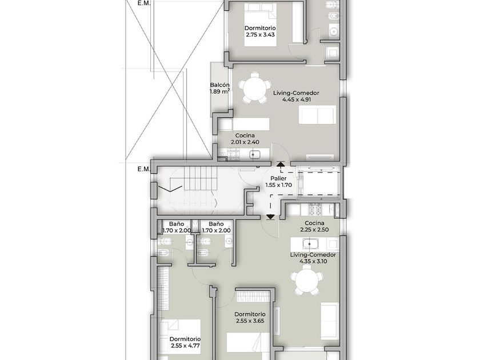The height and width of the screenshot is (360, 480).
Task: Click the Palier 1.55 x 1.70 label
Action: tap(279, 182)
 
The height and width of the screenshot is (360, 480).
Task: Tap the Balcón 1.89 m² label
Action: tap(220, 88)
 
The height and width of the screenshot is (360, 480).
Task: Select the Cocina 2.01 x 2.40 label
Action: tap(245, 139)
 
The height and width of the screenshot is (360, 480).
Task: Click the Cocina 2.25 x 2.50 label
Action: tap(314, 226)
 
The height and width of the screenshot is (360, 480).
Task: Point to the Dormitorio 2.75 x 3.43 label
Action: tap(260, 31)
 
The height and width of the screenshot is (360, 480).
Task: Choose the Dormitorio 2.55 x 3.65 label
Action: tap(250, 318)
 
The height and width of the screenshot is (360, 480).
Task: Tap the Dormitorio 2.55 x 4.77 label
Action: tap(185, 342)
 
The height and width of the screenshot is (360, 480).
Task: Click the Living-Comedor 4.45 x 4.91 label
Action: tap(296, 96)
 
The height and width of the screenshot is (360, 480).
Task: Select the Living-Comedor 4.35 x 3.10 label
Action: tap(313, 258)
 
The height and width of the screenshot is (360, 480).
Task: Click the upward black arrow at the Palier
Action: tap(280, 164)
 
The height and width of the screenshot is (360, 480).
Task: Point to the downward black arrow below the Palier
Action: tap(270, 217)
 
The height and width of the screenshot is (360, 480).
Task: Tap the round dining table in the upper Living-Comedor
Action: tap(255, 88)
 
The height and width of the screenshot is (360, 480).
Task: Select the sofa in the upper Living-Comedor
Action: tap(317, 115)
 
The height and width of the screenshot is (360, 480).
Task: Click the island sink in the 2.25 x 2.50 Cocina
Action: tap(310, 244)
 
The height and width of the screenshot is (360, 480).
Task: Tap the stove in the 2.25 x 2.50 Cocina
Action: tap(315, 210)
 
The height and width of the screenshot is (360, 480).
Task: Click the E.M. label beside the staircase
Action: tap(143, 169)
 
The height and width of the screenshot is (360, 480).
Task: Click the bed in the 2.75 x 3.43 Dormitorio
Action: tap(260, 25)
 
